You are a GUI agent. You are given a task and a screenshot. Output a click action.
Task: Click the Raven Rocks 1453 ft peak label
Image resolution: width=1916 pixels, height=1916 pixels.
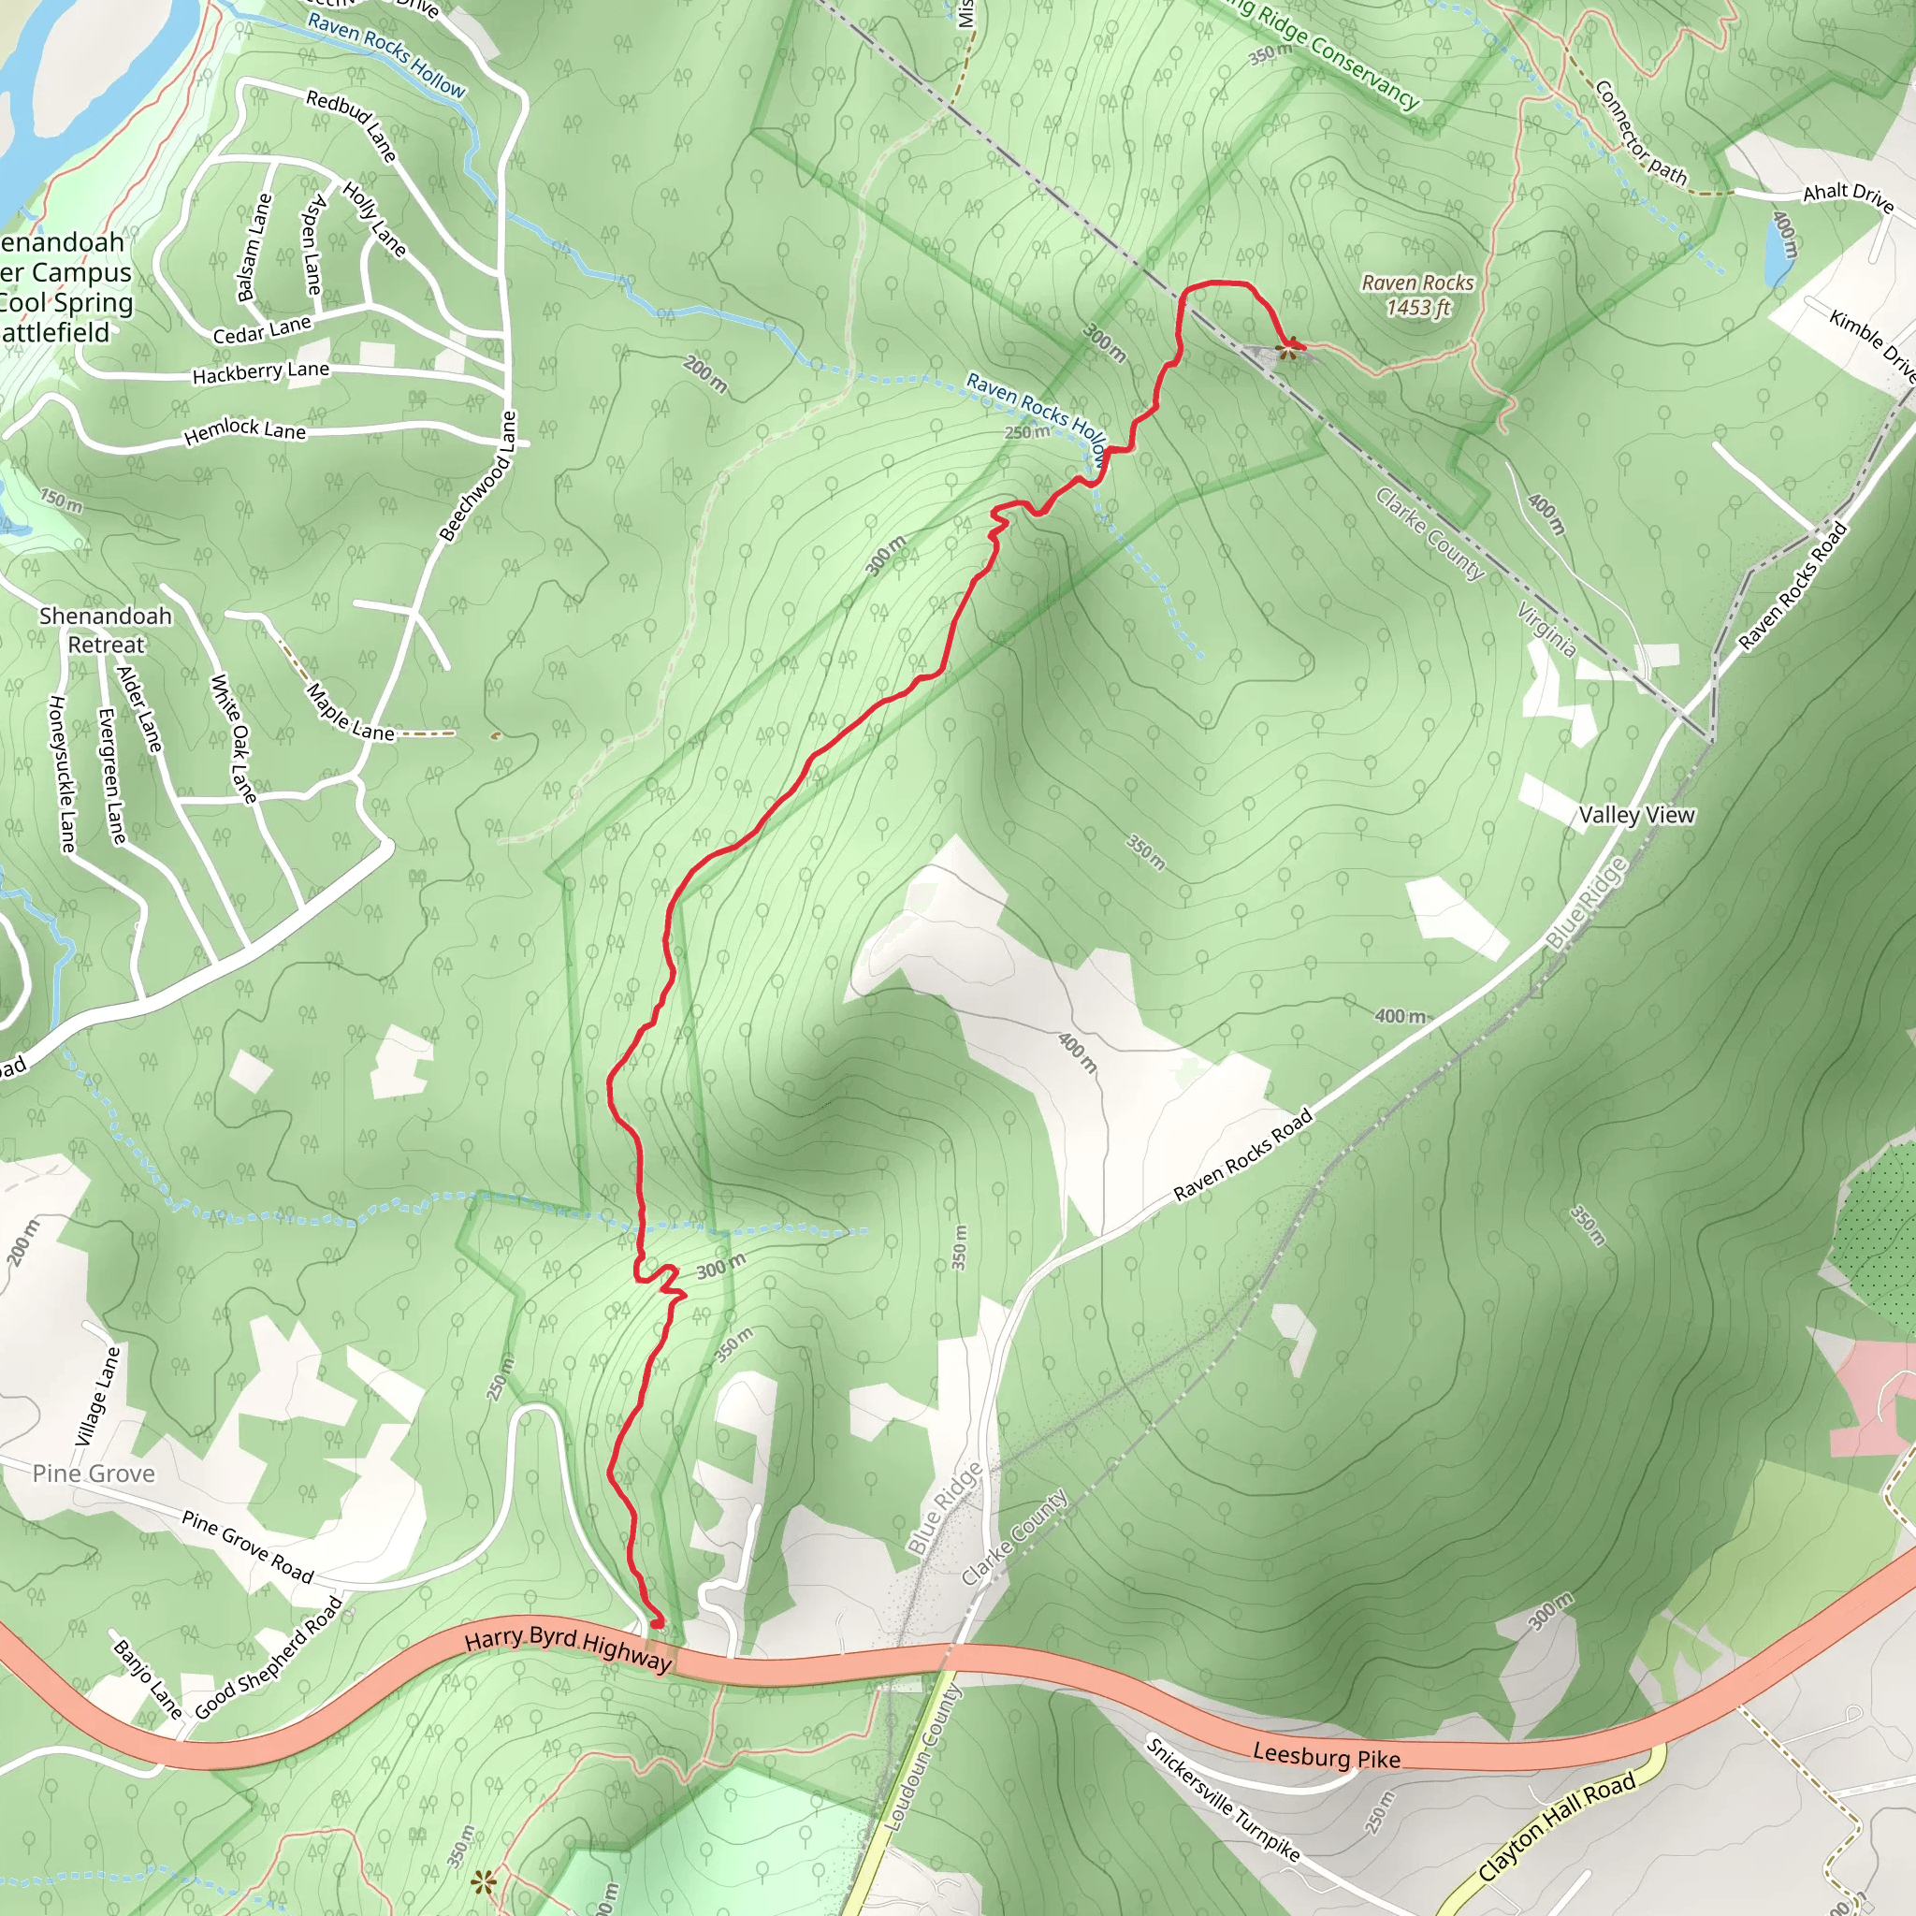tap(1417, 296)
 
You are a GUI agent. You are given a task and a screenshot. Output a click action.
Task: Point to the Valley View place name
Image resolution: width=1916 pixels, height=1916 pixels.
tap(1636, 815)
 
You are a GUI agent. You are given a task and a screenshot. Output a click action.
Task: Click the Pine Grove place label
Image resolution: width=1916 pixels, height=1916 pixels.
tap(94, 1473)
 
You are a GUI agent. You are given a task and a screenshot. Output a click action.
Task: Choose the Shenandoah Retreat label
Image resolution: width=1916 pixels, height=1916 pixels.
tap(105, 630)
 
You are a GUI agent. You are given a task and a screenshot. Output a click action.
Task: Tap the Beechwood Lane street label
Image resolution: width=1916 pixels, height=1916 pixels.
tap(480, 477)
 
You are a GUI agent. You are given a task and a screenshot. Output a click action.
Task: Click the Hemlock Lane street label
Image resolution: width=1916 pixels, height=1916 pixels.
tap(245, 429)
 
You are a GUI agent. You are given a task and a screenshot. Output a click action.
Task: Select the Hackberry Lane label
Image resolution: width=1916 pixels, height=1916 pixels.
tap(261, 373)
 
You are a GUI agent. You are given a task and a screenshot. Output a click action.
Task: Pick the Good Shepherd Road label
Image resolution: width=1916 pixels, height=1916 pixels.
tap(269, 1658)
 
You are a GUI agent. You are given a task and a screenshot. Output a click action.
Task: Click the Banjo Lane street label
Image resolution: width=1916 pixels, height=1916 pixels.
tap(148, 1679)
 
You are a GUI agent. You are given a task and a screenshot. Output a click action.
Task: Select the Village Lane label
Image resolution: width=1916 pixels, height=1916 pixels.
tap(97, 1395)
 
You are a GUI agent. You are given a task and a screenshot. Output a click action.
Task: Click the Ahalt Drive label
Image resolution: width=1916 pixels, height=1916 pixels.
tap(1848, 196)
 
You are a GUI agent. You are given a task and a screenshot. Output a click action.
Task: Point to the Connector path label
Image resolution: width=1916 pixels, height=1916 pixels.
tap(1640, 133)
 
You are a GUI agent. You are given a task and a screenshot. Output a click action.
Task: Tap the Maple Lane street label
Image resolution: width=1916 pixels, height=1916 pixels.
tap(350, 713)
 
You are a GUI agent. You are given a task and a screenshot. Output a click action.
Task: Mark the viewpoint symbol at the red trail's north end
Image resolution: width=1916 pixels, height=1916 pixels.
tap(1288, 348)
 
